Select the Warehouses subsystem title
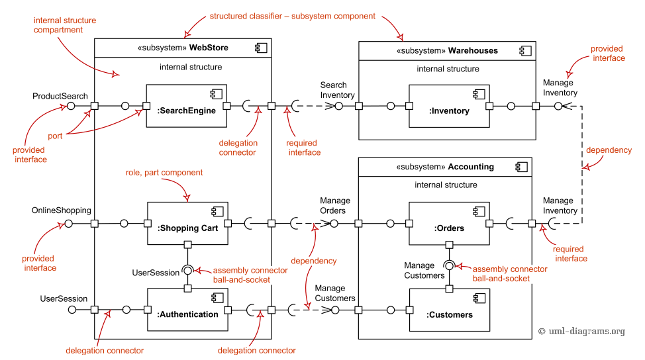coord(447,50)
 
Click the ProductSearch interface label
coord(60,96)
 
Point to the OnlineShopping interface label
coord(61,210)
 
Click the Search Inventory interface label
coord(334,90)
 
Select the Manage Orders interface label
coord(335,206)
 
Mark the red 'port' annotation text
coord(55,136)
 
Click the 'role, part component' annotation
coord(164,173)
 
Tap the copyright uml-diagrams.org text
coord(581,332)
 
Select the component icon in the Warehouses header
coord(522,50)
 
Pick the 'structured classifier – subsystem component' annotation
coord(292,16)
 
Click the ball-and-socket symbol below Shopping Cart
coord(188,270)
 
